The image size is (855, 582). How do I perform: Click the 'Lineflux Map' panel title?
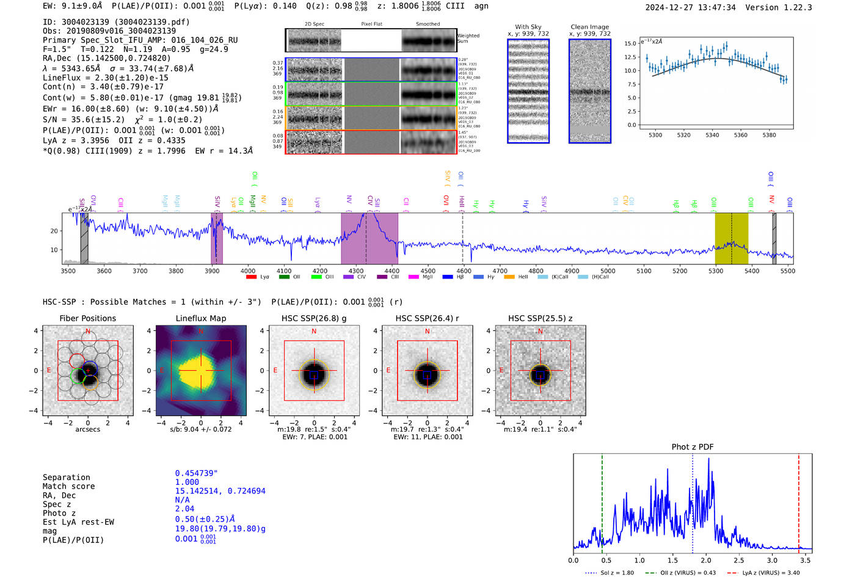[200, 318]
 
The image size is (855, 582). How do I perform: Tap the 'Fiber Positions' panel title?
[87, 318]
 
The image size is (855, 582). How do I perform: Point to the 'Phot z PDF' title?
[692, 447]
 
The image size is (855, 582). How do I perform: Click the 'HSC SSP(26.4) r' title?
[427, 318]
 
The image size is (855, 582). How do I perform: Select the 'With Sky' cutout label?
[528, 27]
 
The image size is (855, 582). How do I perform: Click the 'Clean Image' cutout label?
[589, 27]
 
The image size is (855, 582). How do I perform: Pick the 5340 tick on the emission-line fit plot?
[712, 135]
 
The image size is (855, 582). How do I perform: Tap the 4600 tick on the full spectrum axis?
[464, 271]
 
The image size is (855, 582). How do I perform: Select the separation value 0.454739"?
[196, 473]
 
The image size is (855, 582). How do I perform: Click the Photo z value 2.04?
[184, 509]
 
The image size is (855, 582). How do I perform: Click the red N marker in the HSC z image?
[540, 332]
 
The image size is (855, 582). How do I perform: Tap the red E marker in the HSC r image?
[388, 370]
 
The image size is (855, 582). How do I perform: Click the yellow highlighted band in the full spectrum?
[731, 238]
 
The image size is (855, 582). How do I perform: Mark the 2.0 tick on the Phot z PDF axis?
[705, 560]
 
